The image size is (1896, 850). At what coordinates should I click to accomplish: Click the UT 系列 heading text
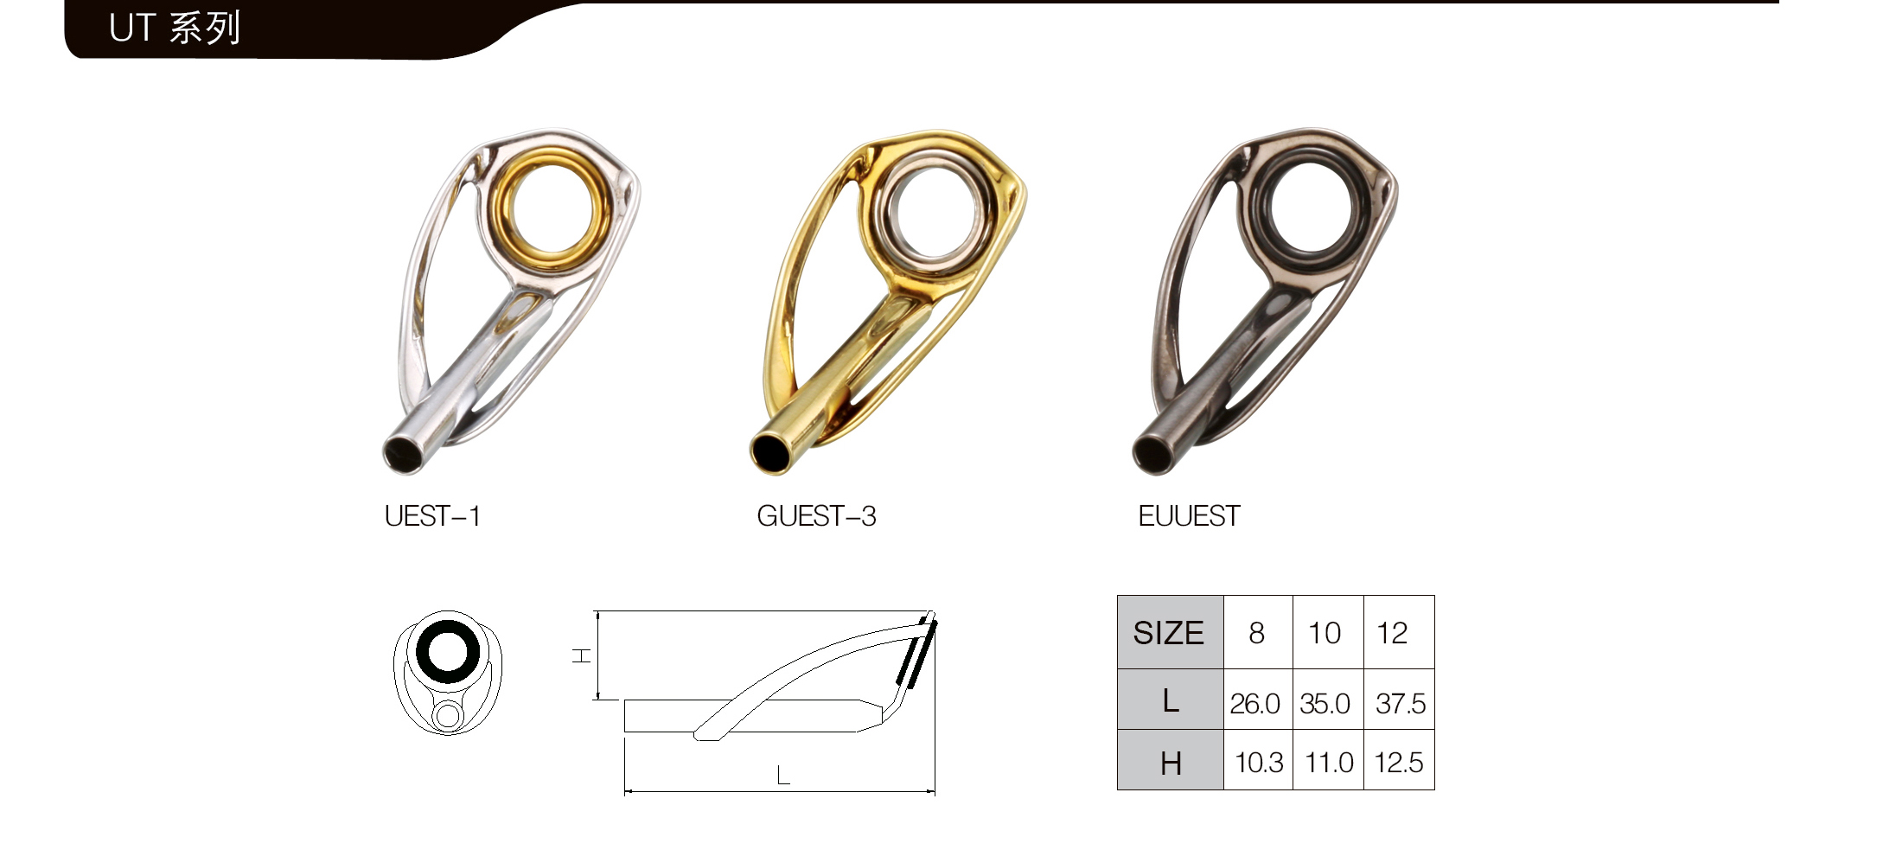(175, 29)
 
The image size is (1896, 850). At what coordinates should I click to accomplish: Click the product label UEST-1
(432, 516)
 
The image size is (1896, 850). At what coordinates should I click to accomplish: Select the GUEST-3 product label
(816, 516)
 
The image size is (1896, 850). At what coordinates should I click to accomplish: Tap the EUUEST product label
(1189, 516)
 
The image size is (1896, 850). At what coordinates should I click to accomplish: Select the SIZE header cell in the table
(1170, 633)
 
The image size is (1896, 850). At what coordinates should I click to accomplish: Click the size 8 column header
(1257, 633)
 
